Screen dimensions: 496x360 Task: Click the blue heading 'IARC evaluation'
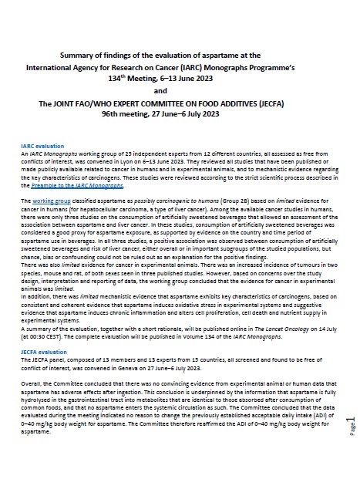click(44, 144)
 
